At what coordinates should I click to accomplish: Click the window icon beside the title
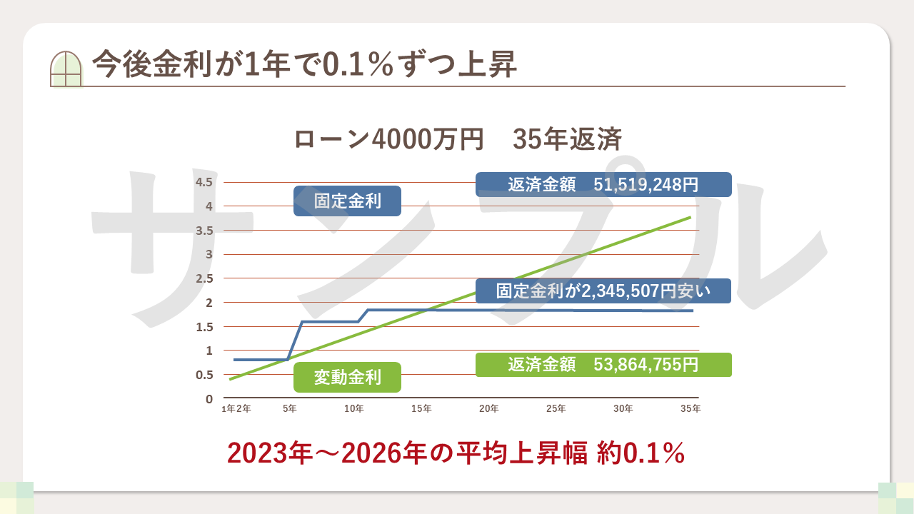(x=66, y=69)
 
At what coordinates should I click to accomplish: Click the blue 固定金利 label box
(x=348, y=201)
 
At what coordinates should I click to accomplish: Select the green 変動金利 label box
(x=348, y=377)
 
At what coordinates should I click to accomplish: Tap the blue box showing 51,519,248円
(x=603, y=184)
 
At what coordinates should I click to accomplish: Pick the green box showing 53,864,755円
(x=603, y=365)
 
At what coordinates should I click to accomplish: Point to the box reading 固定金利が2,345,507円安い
(x=603, y=291)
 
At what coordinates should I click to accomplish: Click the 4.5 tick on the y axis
(x=204, y=182)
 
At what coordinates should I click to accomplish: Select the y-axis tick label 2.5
(x=204, y=278)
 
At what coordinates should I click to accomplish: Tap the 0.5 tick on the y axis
(x=204, y=375)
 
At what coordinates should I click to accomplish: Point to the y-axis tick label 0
(x=209, y=399)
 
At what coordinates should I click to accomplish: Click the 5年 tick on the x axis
(x=290, y=409)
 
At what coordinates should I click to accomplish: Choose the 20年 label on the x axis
(x=488, y=409)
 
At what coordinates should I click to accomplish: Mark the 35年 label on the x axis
(x=690, y=409)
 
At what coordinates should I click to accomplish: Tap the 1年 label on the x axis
(x=228, y=409)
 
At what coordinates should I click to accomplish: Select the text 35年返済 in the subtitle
(x=567, y=138)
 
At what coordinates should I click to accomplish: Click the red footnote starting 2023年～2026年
(x=456, y=453)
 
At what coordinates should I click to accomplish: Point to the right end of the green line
(x=690, y=217)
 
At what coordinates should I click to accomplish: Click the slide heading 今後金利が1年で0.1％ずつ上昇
(x=304, y=65)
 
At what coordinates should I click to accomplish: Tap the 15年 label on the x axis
(x=421, y=409)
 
